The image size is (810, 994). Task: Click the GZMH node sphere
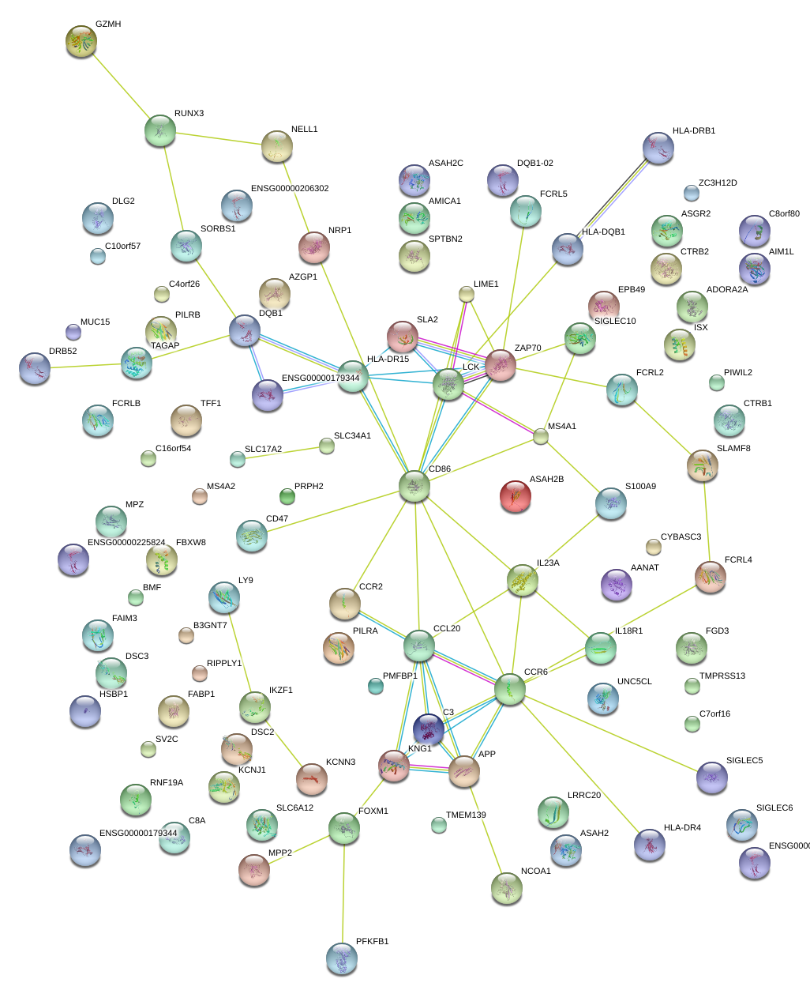pyautogui.click(x=81, y=41)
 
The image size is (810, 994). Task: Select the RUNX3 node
pyautogui.click(x=160, y=130)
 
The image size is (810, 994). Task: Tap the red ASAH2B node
pyautogui.click(x=516, y=496)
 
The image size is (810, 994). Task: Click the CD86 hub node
pyautogui.click(x=414, y=486)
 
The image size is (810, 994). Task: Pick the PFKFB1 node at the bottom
pyautogui.click(x=341, y=958)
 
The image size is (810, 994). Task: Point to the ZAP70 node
pyautogui.click(x=500, y=365)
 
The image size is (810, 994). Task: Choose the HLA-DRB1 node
pyautogui.click(x=658, y=148)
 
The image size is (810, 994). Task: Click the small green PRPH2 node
pyautogui.click(x=287, y=496)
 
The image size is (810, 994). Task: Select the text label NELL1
pyautogui.click(x=304, y=130)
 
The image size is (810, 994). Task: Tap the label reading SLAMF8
pyautogui.click(x=733, y=449)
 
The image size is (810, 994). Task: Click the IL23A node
pyautogui.click(x=522, y=580)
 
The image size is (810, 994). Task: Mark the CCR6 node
pyautogui.click(x=510, y=690)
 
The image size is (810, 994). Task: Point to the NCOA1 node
pyautogui.click(x=506, y=888)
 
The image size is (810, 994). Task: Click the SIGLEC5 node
pyautogui.click(x=711, y=778)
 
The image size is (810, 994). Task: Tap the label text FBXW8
pyautogui.click(x=190, y=543)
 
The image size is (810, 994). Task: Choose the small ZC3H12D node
pyautogui.click(x=691, y=193)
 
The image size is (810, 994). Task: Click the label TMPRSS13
pyautogui.click(x=722, y=676)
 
